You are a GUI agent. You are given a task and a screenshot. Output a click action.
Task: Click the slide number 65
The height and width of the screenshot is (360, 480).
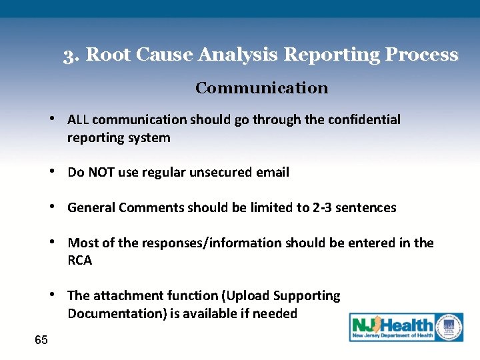click(41, 340)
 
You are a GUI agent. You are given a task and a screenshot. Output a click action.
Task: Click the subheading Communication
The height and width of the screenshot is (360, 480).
click(261, 88)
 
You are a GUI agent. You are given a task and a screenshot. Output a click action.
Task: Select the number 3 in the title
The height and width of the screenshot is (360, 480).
click(69, 55)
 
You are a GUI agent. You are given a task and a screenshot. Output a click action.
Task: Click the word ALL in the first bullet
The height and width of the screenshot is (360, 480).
click(78, 119)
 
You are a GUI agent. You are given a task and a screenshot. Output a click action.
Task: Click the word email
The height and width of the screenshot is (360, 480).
click(273, 173)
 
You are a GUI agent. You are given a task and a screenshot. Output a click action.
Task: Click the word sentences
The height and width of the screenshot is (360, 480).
click(365, 207)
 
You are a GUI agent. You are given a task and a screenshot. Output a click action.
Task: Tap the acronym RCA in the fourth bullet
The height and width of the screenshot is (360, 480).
click(80, 261)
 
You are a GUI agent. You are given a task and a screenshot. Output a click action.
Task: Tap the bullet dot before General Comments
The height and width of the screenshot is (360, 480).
click(53, 207)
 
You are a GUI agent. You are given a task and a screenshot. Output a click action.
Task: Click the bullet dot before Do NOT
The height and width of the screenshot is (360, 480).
click(53, 172)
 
